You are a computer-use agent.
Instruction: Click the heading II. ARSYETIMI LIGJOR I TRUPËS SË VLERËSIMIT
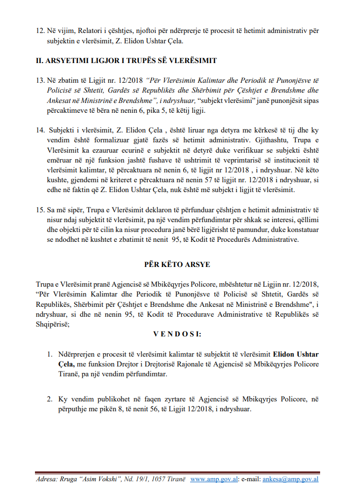(x=127, y=61)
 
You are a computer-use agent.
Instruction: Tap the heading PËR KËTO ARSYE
(x=180, y=265)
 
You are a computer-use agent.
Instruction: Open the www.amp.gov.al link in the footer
(x=214, y=479)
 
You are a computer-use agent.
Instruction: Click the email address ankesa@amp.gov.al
(x=291, y=479)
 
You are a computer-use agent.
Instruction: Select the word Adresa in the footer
(x=47, y=479)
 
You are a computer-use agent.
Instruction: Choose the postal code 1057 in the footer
(x=153, y=479)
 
